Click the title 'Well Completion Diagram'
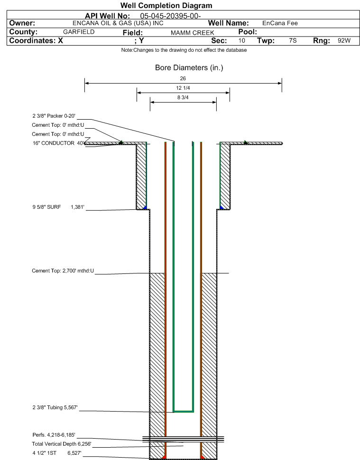tap(166, 6)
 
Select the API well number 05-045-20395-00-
tap(171, 16)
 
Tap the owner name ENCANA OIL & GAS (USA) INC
tap(118, 23)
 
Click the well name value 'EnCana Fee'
tap(280, 23)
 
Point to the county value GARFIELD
tap(79, 32)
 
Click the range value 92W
tap(344, 41)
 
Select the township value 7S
tap(293, 41)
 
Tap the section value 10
tap(242, 41)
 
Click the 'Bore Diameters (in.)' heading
tap(189, 68)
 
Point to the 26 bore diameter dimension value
tap(183, 78)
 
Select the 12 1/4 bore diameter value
tap(183, 88)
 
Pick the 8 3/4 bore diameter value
tap(183, 97)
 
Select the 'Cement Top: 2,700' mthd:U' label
tap(63, 271)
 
